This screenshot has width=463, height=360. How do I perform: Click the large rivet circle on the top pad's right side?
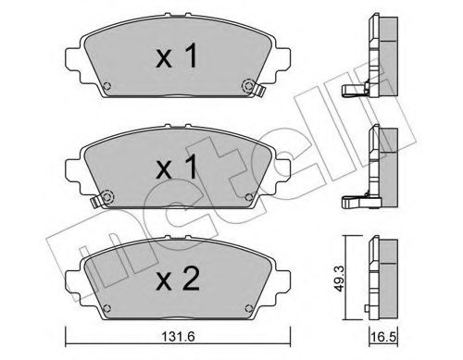(248, 86)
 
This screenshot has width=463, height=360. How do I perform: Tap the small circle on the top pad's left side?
(106, 89)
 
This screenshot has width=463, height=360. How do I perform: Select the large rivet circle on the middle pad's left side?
(107, 196)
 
